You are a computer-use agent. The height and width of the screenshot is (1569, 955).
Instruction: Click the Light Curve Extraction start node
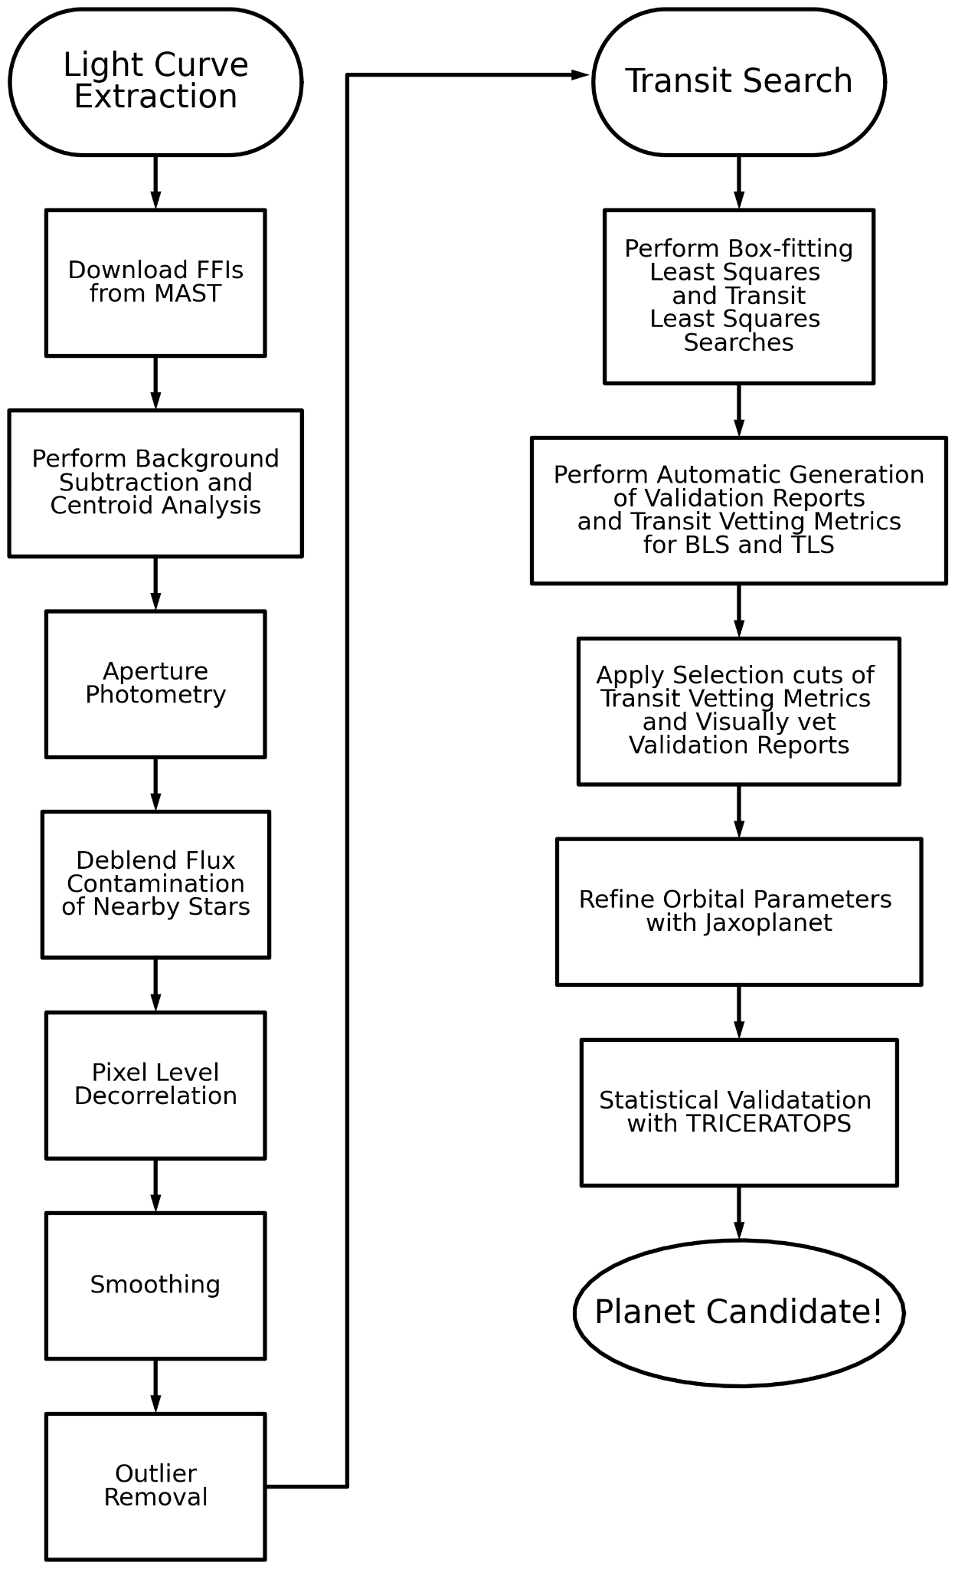(155, 81)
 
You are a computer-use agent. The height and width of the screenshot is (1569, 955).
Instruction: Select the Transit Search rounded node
(738, 81)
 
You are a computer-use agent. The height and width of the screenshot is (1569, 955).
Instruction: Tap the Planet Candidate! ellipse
(738, 1312)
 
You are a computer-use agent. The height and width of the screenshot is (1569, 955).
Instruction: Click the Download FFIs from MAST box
(155, 282)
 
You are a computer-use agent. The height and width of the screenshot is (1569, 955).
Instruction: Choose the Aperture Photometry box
(155, 683)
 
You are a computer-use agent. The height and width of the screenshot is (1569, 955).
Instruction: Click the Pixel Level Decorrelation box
(155, 1085)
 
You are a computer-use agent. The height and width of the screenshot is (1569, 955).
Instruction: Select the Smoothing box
(155, 1286)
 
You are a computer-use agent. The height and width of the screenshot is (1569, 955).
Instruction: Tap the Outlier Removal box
(155, 1486)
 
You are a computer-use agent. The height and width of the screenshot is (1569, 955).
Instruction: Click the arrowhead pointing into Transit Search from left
(581, 74)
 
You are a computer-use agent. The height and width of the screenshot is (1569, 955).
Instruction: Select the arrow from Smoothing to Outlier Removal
(155, 1386)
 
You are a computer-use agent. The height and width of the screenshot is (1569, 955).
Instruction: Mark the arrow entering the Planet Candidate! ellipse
(738, 1214)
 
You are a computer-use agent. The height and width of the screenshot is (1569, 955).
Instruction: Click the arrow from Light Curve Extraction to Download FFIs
(155, 182)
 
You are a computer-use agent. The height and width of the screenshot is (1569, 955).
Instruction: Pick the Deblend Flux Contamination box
(155, 884)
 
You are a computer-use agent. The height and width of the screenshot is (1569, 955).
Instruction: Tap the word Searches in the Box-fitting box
(738, 342)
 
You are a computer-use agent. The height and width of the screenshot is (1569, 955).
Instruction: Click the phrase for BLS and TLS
(738, 545)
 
